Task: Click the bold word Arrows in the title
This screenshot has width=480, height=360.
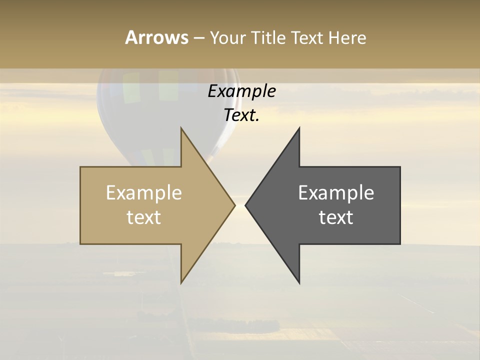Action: (x=156, y=37)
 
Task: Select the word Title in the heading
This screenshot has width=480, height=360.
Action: (x=268, y=38)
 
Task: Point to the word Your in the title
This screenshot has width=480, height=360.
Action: (x=228, y=38)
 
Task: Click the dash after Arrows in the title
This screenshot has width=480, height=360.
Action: (x=198, y=38)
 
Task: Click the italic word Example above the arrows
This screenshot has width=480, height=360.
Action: (x=241, y=91)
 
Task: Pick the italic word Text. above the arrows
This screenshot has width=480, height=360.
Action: (x=241, y=115)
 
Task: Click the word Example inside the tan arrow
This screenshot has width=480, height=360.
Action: (x=143, y=193)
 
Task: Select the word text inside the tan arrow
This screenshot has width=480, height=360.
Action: (x=143, y=217)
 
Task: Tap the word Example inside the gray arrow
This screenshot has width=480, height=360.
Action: (x=336, y=193)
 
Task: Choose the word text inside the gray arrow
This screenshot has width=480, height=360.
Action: (x=336, y=217)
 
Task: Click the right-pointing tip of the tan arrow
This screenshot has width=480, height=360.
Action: (x=234, y=205)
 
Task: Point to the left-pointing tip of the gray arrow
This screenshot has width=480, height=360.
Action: (x=246, y=205)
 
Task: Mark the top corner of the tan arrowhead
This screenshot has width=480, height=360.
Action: (x=181, y=128)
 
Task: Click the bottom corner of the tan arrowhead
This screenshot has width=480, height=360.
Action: (x=181, y=282)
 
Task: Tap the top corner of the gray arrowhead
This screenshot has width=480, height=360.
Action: (x=299, y=128)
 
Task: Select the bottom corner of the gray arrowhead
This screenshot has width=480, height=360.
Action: (x=299, y=282)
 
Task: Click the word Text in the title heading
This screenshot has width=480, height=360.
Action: (x=306, y=38)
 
